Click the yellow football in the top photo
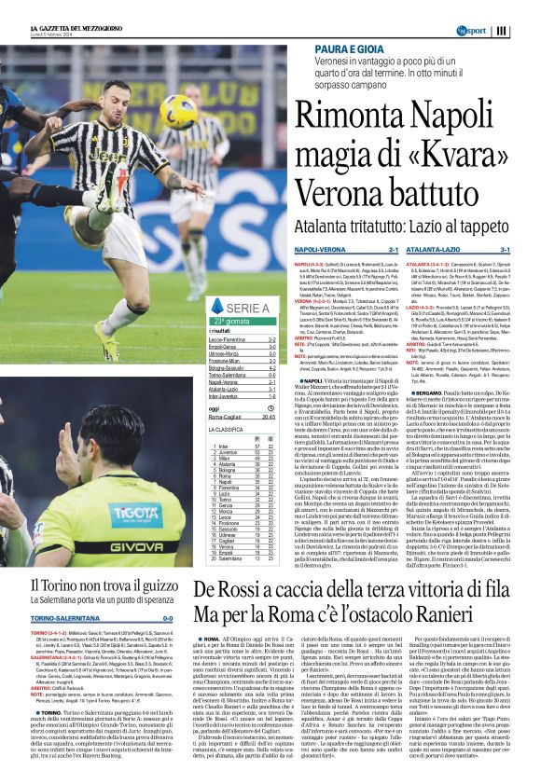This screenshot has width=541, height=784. pyautogui.click(x=178, y=112)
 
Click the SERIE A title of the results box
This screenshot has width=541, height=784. pyautogui.click(x=247, y=308)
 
